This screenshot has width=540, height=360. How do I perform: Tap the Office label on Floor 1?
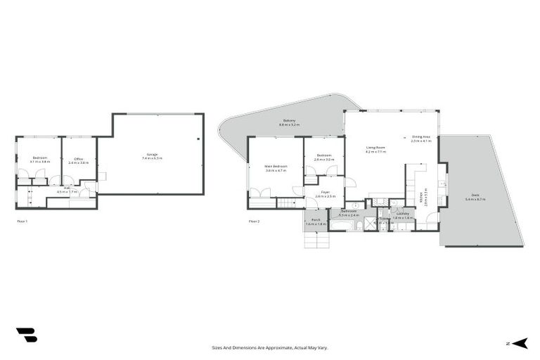[79, 160]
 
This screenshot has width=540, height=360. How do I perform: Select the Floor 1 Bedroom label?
[39, 160]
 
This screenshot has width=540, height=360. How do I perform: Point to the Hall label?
[67, 188]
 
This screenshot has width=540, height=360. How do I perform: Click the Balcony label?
[289, 122]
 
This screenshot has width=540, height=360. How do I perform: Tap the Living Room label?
[375, 149]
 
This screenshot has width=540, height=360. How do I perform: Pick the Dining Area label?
[421, 139]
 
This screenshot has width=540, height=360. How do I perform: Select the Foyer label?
[326, 193]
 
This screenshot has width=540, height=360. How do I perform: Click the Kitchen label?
[421, 197]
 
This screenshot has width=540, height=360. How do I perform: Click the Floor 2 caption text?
[254, 221]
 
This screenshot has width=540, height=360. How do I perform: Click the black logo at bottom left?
[26, 335]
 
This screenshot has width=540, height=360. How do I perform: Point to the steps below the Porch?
[316, 240]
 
